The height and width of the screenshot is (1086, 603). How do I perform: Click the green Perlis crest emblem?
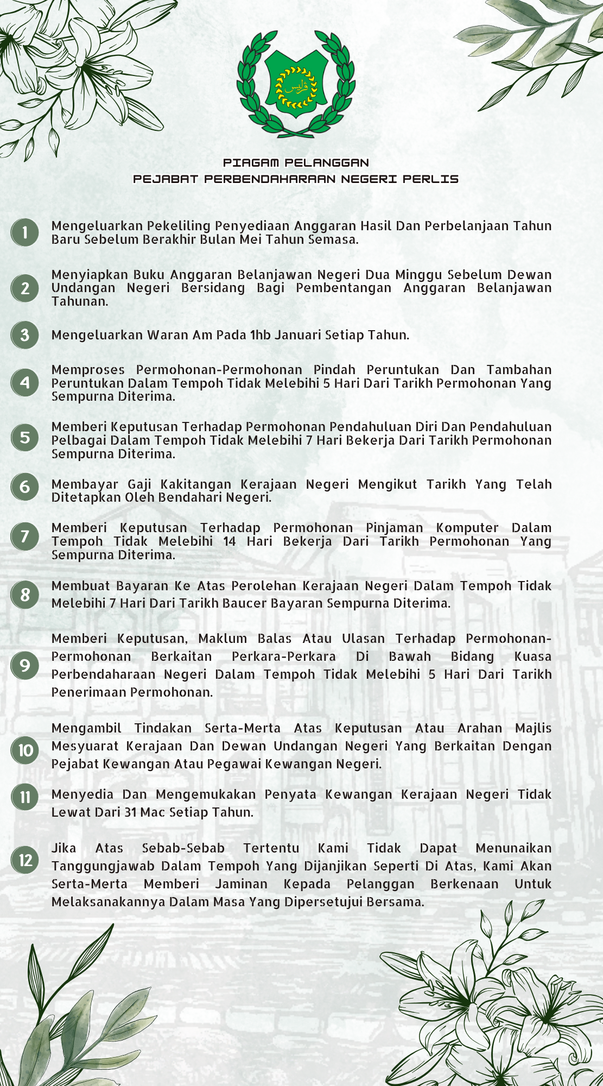296,83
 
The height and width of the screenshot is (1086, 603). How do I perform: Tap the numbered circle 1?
25,232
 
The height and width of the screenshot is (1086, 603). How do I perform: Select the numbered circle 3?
25,335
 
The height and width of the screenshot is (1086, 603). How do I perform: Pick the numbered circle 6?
25,487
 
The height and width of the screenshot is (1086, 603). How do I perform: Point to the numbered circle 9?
25,666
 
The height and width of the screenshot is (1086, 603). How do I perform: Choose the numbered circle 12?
25,860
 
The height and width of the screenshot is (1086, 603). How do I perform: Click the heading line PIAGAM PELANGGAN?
296,162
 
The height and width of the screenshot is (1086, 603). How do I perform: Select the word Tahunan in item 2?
80,301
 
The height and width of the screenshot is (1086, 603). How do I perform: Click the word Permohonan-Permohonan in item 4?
219,370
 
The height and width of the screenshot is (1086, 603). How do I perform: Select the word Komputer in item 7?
467,528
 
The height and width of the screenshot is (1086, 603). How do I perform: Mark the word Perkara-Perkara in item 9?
283,656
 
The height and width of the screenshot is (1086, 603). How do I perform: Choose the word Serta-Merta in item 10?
242,728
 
